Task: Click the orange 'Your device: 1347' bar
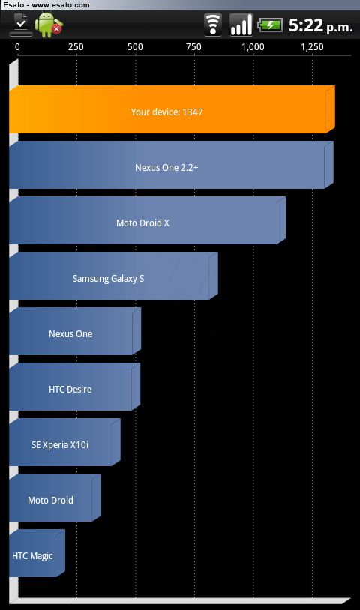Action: [172, 109]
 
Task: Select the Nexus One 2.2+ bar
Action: [171, 165]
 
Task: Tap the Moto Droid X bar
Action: [148, 220]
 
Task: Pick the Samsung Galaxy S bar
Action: [114, 276]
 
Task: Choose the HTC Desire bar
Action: [75, 387]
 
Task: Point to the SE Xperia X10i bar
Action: [65, 442]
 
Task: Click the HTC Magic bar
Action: [37, 553]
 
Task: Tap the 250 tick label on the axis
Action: [76, 47]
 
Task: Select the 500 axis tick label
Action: [135, 47]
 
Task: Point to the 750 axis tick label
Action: [193, 47]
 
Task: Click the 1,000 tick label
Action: [253, 47]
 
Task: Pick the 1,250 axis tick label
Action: [312, 47]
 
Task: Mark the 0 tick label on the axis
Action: [17, 47]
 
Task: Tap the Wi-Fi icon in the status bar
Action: [213, 25]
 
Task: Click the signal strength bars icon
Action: [241, 25]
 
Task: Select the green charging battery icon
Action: [271, 25]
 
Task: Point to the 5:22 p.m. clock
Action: [321, 25]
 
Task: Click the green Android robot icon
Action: [48, 25]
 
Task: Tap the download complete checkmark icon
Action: [21, 25]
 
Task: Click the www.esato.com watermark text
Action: [61, 5]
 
